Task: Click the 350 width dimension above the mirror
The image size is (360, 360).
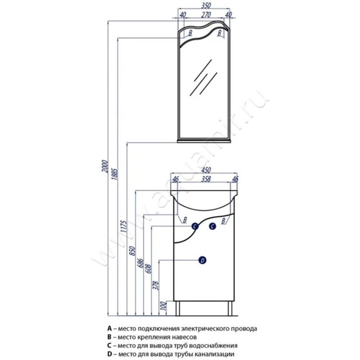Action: tap(206, 5)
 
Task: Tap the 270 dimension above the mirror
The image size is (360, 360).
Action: tap(206, 15)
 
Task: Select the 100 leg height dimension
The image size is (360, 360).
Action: tap(163, 306)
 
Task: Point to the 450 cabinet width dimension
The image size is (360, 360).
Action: tap(206, 170)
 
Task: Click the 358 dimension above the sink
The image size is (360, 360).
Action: tap(206, 179)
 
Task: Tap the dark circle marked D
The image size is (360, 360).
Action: tap(202, 261)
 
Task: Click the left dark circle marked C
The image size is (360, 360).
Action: tap(195, 226)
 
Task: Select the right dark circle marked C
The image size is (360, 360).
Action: tap(212, 226)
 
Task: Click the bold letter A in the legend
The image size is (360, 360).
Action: tap(109, 328)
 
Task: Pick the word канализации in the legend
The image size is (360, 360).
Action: tap(215, 354)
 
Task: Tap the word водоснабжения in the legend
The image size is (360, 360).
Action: tap(215, 346)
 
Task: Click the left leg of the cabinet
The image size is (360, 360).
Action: tap(178, 308)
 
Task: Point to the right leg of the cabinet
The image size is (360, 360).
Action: tap(230, 308)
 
